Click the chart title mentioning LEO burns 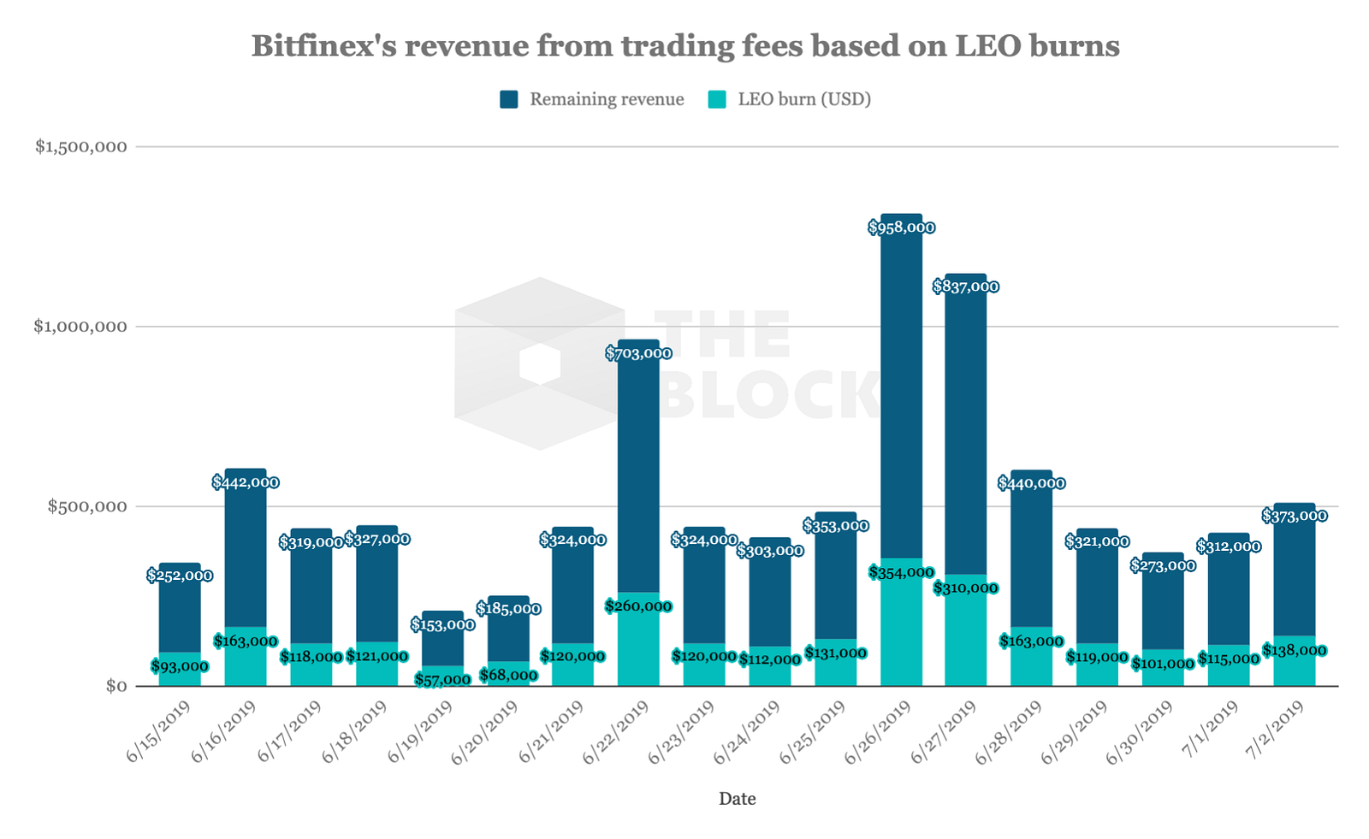point(684,45)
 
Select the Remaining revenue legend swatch point(509,99)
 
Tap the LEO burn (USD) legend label point(803,99)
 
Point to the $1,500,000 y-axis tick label point(80,146)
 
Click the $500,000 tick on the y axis point(86,506)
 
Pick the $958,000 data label point(901,227)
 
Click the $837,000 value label point(965,287)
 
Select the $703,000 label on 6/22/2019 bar point(638,353)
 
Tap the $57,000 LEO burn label point(442,680)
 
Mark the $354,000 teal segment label point(901,573)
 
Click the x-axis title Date point(737,799)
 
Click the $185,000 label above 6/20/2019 point(508,609)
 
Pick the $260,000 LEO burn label point(638,606)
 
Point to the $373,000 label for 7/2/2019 point(1295,516)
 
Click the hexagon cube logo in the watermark point(540,363)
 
